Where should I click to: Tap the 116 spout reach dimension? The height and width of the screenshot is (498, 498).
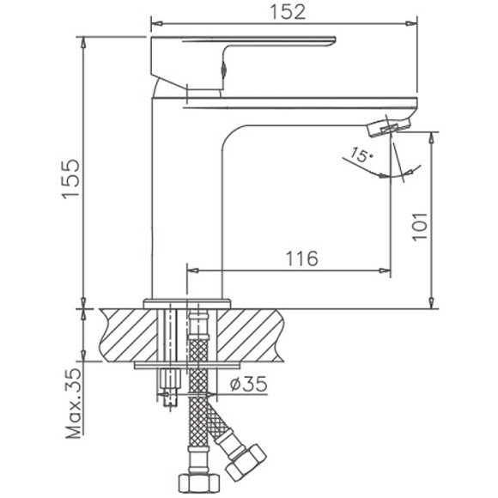point(300,258)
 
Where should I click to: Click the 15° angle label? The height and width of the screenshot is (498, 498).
point(361,156)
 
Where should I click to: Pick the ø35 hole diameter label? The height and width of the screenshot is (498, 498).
point(249,386)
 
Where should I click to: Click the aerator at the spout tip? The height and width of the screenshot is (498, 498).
point(387,127)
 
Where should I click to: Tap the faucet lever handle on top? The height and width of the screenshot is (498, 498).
point(240,52)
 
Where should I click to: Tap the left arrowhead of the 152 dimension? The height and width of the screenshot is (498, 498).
point(155,21)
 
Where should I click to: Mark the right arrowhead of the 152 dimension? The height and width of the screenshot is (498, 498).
point(412,21)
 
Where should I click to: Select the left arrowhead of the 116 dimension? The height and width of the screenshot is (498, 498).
point(191,270)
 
